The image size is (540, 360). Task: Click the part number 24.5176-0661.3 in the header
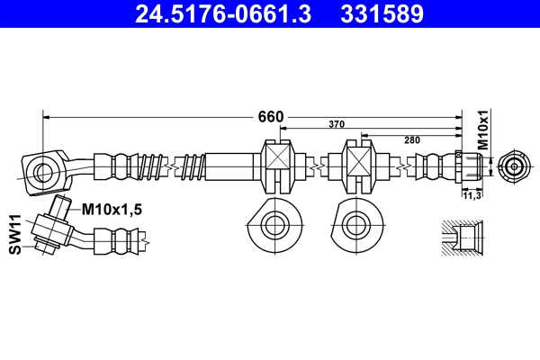pos(223,13)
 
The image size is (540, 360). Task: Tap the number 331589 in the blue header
pos(382,13)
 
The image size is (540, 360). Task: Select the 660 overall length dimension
pos(271,117)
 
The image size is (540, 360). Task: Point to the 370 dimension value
pos(337,124)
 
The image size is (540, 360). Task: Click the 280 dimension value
pos(412,140)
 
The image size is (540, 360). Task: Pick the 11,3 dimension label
pos(472,195)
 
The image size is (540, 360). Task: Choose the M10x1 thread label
pos(484,130)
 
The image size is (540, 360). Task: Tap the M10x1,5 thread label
pos(112,209)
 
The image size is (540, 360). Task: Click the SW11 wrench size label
pos(15,235)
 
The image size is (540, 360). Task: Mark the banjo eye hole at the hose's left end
pos(43,171)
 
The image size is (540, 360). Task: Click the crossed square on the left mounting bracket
pos(279,157)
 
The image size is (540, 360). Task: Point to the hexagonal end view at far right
pos(514,166)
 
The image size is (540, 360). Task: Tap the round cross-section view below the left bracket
pos(275,225)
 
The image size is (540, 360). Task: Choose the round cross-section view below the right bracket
pos(356,225)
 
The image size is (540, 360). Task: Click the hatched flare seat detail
pos(463,238)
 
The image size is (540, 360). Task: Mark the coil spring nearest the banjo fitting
pos(150,167)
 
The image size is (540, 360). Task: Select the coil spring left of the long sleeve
pos(193,167)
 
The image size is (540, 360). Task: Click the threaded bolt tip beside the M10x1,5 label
pos(59,206)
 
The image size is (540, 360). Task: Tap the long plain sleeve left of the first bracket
pos(229,166)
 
